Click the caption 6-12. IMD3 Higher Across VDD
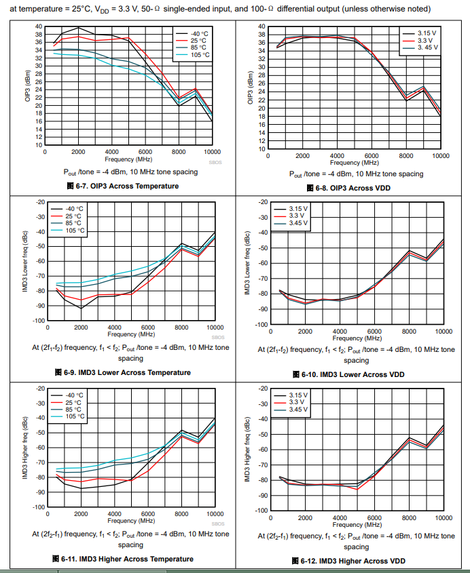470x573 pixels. tap(355, 561)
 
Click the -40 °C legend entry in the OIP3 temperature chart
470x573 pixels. tap(198, 33)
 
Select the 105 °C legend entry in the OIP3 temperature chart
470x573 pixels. tap(200, 55)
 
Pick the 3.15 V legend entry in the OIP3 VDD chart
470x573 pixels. tap(427, 33)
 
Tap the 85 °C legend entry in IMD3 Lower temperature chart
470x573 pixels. tap(74, 223)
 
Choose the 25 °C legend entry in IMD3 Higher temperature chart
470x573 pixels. tap(74, 402)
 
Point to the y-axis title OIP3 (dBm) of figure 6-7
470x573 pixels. tap(28, 86)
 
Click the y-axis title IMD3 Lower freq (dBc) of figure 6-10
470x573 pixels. tap(249, 263)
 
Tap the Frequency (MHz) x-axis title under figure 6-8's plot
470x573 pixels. tap(354, 163)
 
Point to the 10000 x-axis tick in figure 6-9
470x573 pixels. tap(215, 327)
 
